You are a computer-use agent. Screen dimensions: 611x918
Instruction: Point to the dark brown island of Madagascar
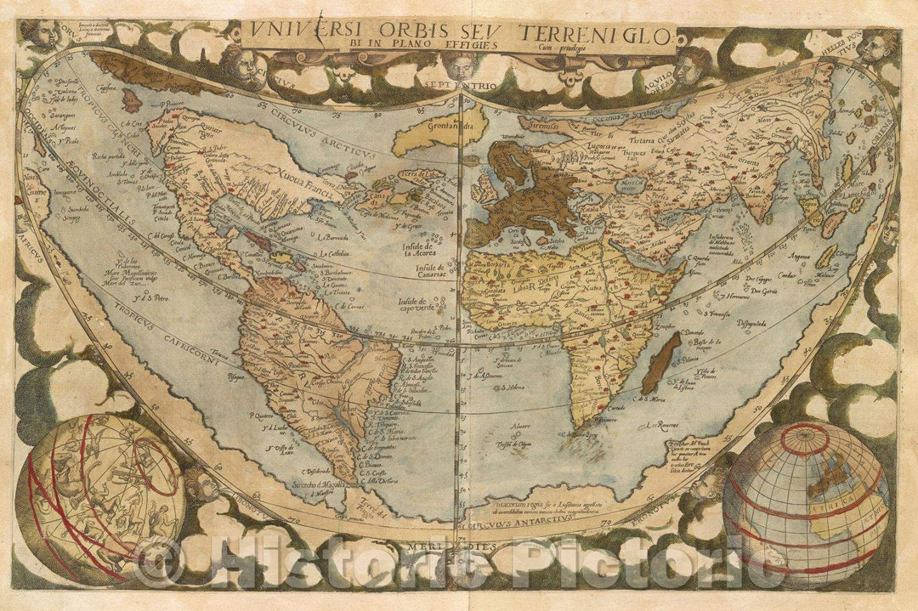pos(664,363)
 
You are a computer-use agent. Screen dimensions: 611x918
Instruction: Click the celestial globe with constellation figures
pos(99,498)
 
